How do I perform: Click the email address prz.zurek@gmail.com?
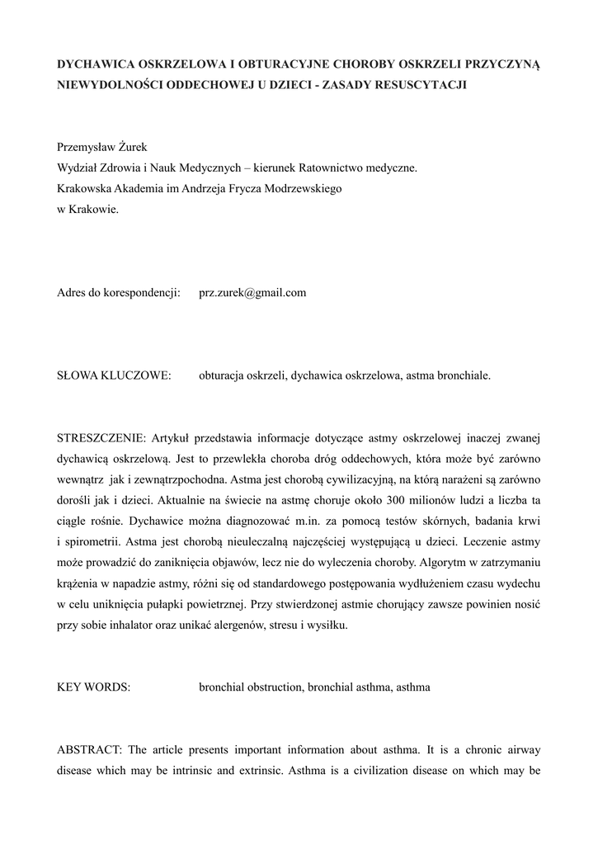252,292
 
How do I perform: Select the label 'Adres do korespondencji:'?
119,292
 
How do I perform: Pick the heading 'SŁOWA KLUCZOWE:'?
114,375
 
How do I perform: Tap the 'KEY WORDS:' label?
93,687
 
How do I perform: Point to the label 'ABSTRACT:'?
89,749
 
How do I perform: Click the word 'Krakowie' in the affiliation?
96,210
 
